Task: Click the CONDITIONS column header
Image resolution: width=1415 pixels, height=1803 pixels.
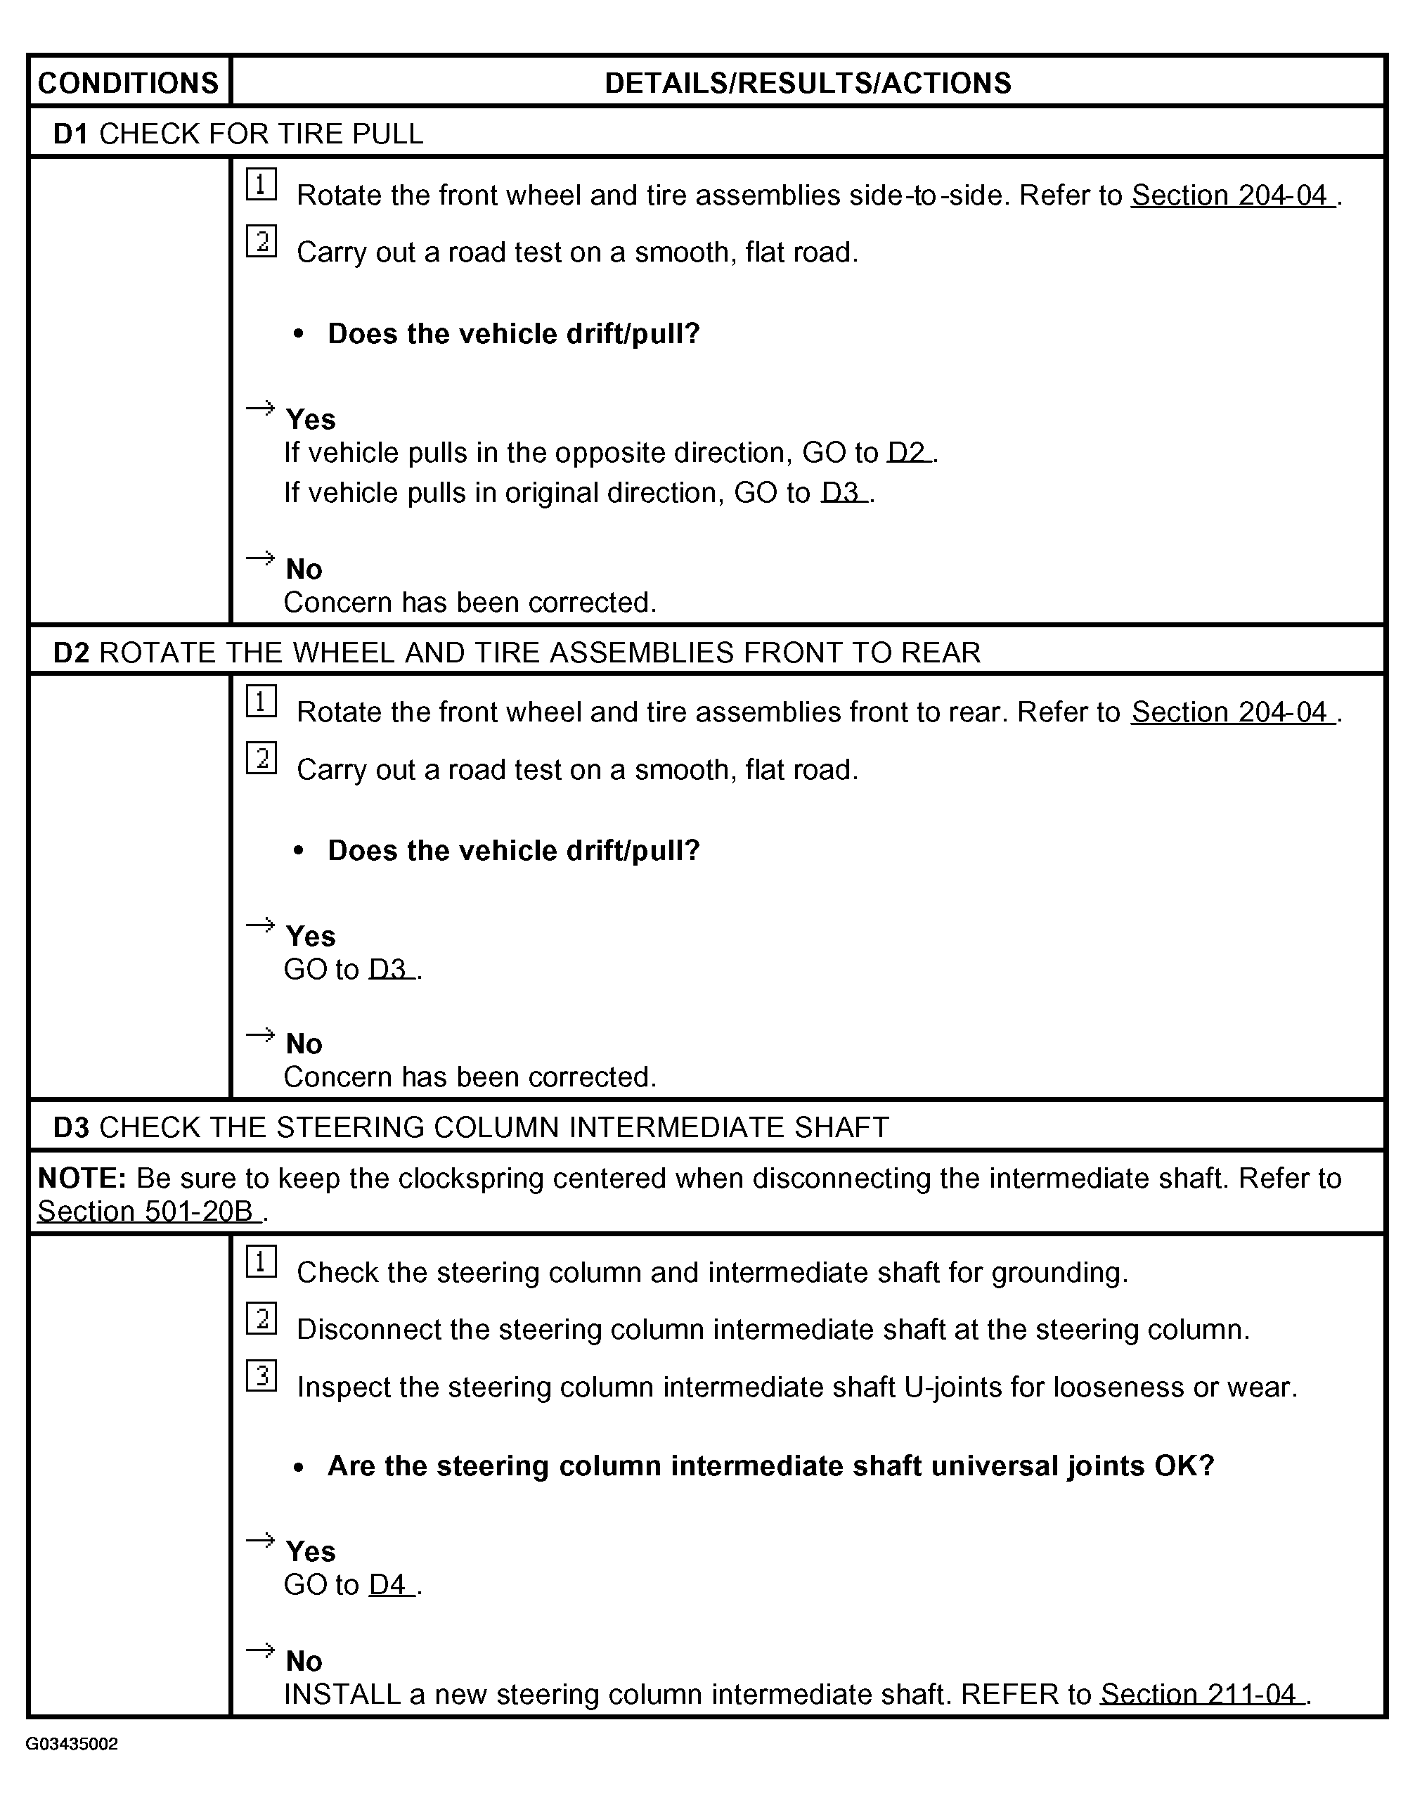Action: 129,83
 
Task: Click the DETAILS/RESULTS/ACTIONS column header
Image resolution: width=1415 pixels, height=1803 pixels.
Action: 808,83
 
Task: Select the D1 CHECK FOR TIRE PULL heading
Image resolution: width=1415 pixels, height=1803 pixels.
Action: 238,134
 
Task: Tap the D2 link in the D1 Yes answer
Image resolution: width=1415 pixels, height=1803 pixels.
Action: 908,452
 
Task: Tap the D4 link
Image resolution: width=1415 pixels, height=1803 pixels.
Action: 389,1584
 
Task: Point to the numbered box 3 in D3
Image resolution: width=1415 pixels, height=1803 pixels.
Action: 261,1376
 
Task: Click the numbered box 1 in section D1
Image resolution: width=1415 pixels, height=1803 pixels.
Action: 261,185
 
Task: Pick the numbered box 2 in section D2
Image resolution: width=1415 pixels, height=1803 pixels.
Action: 261,758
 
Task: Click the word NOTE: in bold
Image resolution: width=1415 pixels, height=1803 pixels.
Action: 82,1179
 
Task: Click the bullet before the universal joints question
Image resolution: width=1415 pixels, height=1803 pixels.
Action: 299,1468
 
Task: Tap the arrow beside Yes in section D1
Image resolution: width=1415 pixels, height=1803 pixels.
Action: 260,408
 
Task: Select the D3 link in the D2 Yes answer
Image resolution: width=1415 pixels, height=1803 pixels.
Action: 389,970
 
